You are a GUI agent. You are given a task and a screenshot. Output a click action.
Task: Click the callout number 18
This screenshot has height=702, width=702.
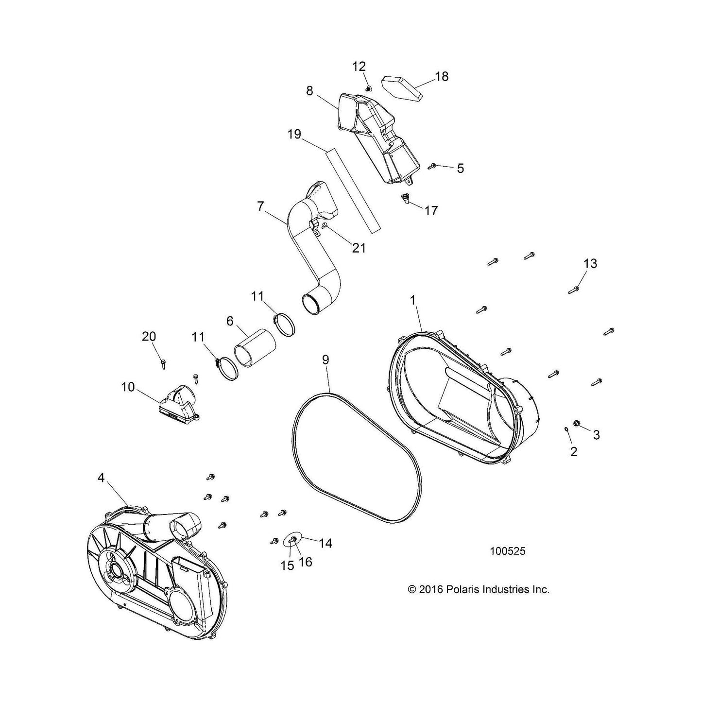click(x=442, y=77)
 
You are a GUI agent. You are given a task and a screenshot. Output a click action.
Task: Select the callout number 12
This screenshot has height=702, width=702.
click(x=359, y=67)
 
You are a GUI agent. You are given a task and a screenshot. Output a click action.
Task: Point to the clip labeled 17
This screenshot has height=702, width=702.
click(x=405, y=198)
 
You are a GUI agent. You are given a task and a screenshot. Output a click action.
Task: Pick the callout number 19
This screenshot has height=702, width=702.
click(x=294, y=135)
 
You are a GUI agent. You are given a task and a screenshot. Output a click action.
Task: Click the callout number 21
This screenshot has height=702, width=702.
click(x=359, y=248)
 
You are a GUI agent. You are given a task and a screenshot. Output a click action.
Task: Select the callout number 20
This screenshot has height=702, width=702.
click(x=149, y=336)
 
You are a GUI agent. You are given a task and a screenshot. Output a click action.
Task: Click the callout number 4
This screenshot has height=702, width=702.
click(x=101, y=478)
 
